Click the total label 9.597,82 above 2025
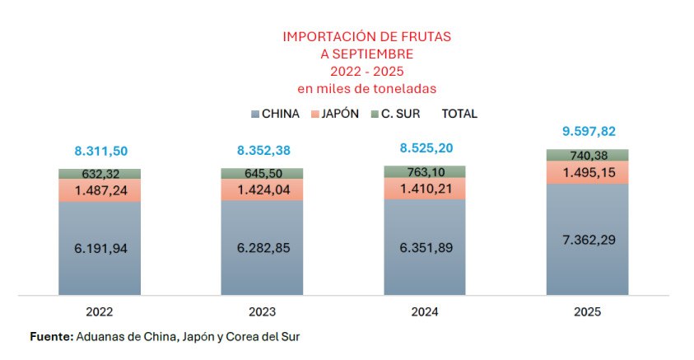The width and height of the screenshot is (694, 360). (x=588, y=131)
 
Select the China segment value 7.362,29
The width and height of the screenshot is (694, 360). (x=588, y=239)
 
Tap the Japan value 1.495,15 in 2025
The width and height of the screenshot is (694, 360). (x=588, y=172)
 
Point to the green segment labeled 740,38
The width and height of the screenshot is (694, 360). (x=588, y=155)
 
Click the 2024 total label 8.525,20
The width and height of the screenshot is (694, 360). (x=425, y=148)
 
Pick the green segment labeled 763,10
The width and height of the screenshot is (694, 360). (x=425, y=171)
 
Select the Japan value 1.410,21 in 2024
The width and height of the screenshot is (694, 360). (x=425, y=189)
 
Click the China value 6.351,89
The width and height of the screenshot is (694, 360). (x=425, y=247)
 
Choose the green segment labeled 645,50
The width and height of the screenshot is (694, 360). (x=262, y=174)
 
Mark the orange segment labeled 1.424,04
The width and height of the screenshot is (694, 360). (x=262, y=190)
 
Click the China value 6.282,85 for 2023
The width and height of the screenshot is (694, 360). (x=262, y=248)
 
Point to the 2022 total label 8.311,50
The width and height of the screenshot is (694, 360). (x=100, y=151)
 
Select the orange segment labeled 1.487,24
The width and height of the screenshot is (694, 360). (x=100, y=190)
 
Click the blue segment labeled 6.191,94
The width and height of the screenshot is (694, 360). (x=100, y=248)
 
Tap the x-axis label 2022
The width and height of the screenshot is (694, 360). (x=99, y=312)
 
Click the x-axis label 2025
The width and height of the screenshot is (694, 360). (x=588, y=312)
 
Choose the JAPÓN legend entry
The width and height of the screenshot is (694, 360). (x=335, y=114)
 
